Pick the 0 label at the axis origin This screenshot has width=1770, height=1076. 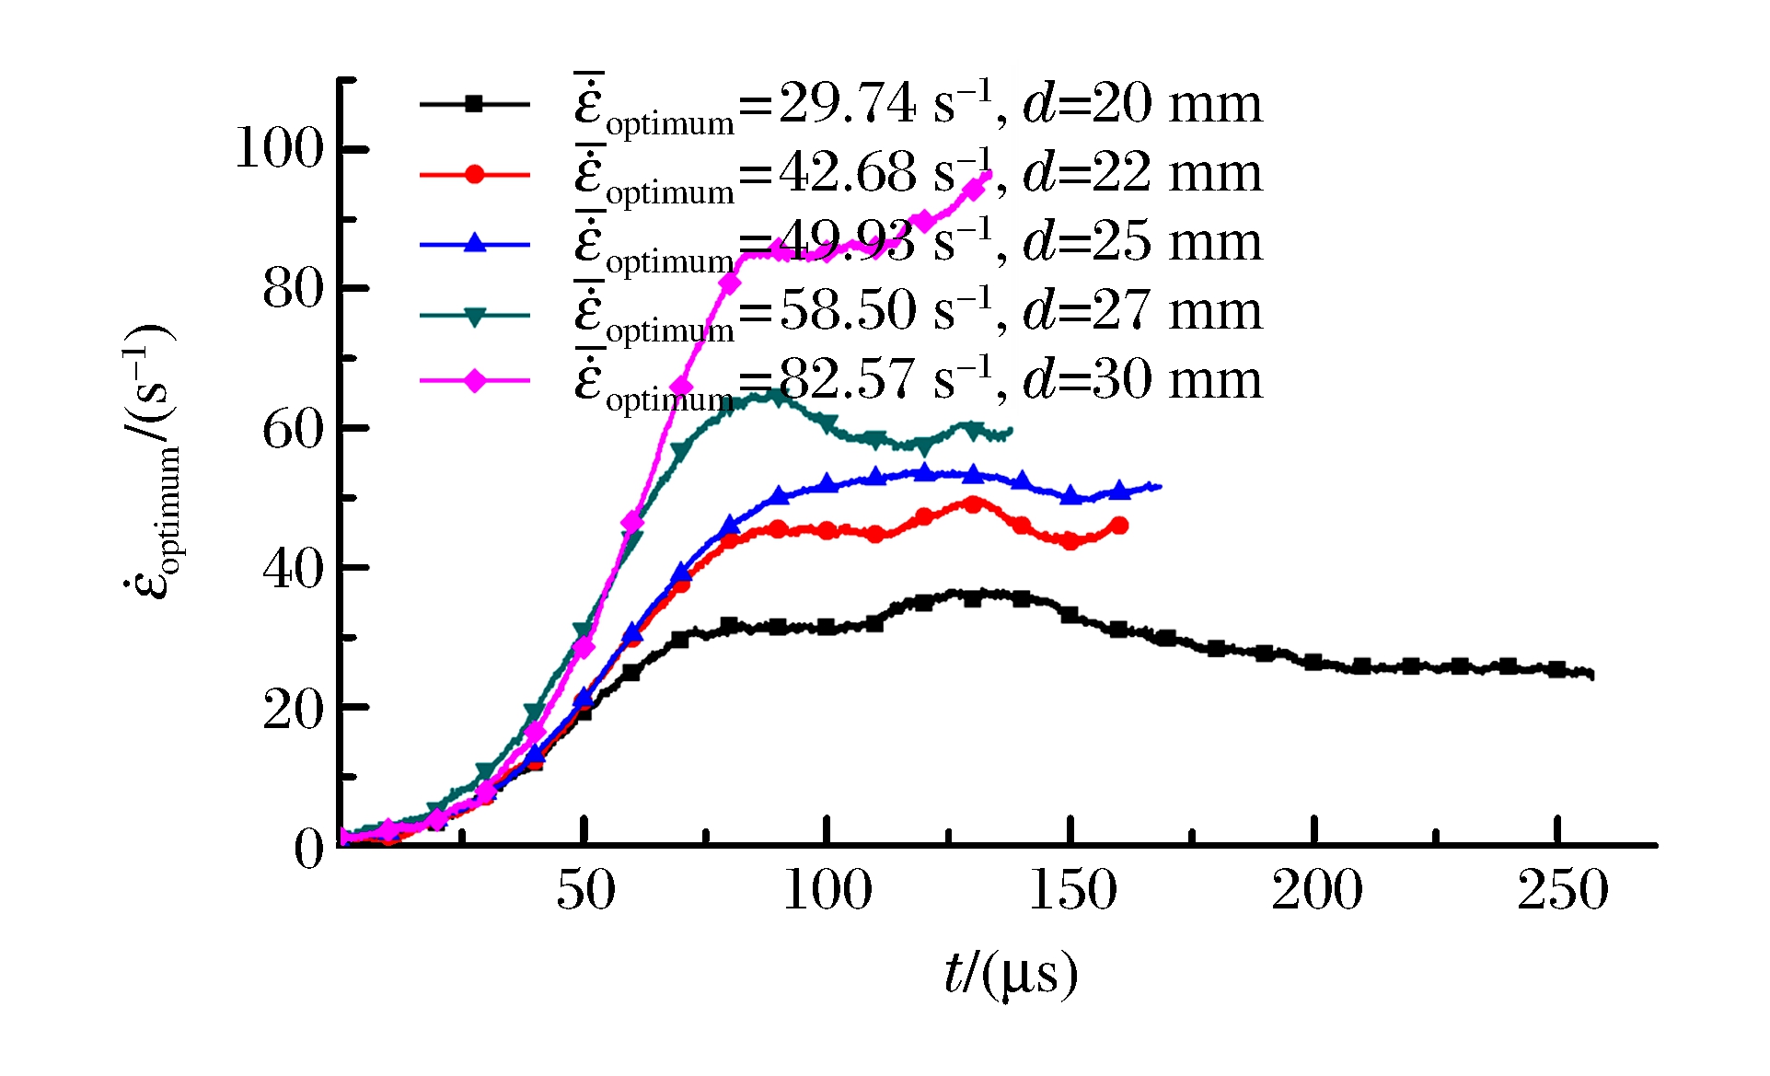309,849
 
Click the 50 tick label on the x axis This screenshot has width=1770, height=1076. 585,890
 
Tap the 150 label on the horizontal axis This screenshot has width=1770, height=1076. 1071,890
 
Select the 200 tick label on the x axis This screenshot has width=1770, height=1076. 1316,890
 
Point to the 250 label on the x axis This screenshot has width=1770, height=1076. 1562,890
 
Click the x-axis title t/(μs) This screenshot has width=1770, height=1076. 1010,974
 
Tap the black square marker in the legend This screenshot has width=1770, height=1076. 474,104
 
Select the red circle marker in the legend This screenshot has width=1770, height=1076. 474,174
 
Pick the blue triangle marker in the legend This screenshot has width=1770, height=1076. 474,243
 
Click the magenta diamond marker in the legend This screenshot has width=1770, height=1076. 474,380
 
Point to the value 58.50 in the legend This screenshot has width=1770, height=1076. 848,310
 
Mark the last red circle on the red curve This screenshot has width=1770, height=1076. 1119,526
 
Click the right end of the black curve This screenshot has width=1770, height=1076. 1591,675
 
